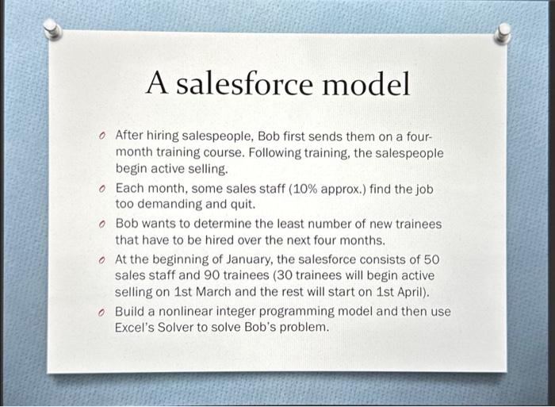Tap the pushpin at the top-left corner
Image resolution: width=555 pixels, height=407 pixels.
click(52, 30)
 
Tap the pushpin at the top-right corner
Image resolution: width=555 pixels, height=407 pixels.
click(501, 33)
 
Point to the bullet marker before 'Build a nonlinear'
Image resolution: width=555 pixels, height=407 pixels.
click(103, 312)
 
